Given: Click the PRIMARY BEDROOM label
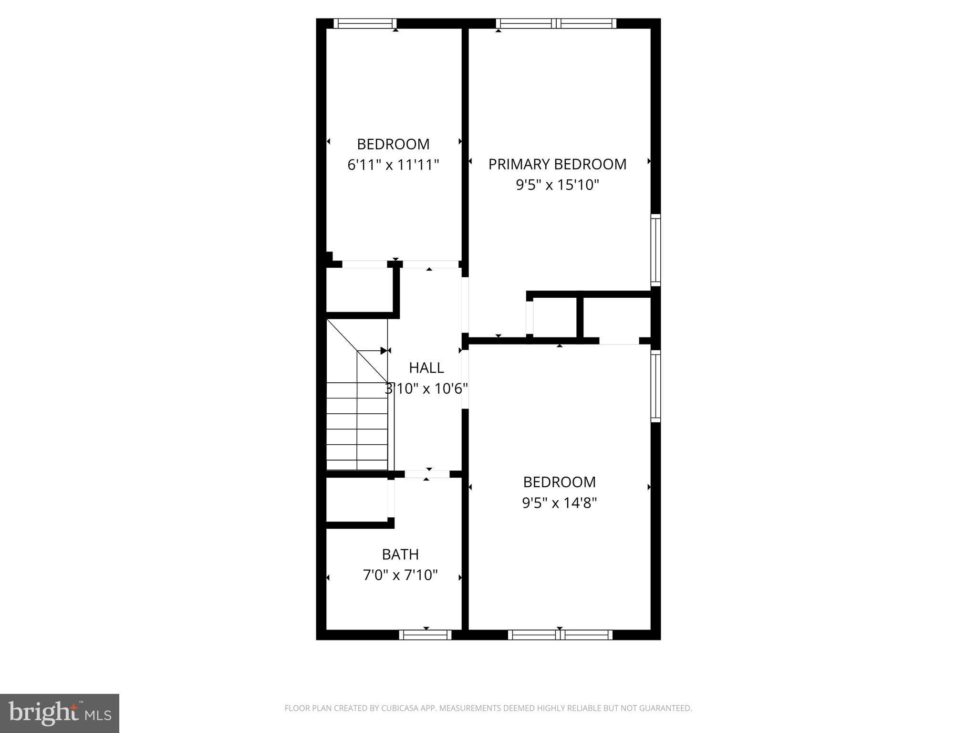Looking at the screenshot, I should point(557,164).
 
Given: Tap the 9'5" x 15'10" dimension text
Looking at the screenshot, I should point(557,185).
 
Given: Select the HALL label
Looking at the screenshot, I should point(426,367).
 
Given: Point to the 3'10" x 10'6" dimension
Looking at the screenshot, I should point(426,389).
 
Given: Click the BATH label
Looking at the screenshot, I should point(400,554).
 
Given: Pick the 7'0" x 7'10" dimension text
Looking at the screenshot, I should point(400,575).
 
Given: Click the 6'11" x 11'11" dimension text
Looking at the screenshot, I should point(393,165).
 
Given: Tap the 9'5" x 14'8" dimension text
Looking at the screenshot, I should point(560,503).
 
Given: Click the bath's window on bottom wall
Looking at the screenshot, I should point(425,635).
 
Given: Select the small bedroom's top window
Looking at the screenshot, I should point(365,23).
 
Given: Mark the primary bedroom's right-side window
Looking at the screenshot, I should point(656,250).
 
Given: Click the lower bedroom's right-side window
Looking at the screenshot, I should point(656,386).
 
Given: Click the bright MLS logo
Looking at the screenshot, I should point(60,713).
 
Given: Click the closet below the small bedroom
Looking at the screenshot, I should point(359,290).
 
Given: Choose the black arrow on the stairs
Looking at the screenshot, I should point(383,351).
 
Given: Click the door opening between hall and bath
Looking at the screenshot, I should point(427,474).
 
